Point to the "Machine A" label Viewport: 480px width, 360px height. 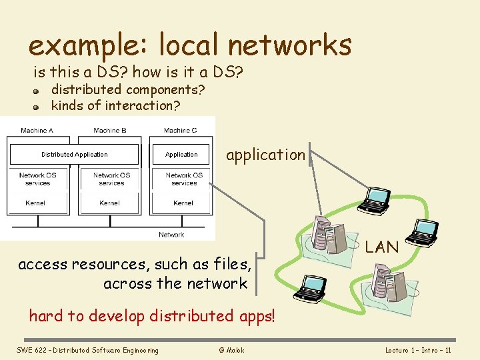[x=37, y=131]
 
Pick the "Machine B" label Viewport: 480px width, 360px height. [x=110, y=131]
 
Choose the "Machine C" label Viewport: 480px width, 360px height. [x=181, y=131]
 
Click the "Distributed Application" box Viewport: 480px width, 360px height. [x=74, y=155]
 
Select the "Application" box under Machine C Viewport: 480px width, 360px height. [x=181, y=155]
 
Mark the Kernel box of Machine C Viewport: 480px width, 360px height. [x=183, y=203]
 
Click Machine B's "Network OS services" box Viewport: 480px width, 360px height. [x=110, y=179]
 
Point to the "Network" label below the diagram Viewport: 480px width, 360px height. [x=171, y=235]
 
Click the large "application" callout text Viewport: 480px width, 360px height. [x=265, y=155]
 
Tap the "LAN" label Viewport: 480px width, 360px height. [x=382, y=247]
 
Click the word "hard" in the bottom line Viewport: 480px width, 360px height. [x=45, y=315]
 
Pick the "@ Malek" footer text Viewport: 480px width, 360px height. [x=231, y=350]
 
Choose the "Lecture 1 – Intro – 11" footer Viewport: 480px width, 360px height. [x=419, y=350]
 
